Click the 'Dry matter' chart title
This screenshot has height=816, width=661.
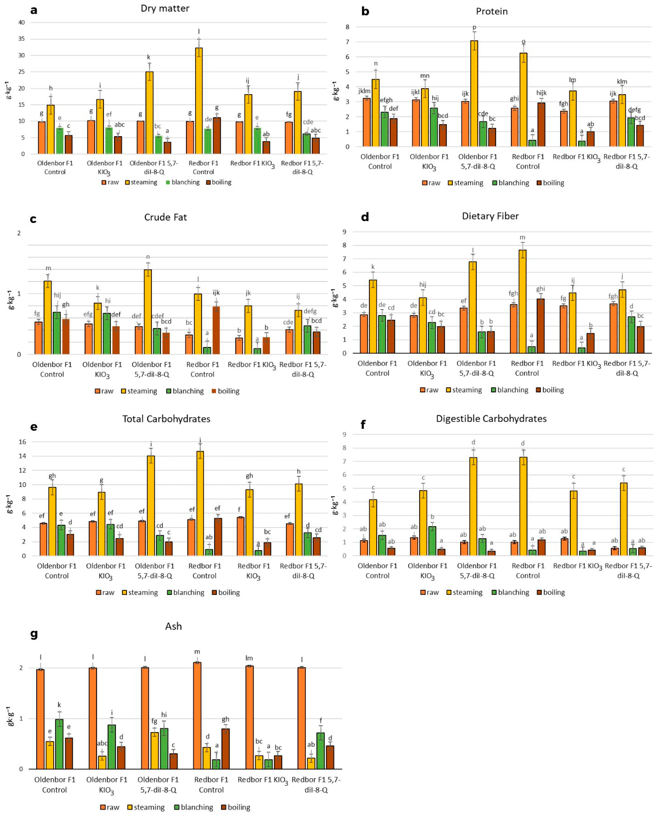pyautogui.click(x=165, y=8)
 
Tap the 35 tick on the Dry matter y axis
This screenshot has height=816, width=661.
pyautogui.click(x=22, y=39)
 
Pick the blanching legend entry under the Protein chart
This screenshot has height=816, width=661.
pyautogui.click(x=510, y=183)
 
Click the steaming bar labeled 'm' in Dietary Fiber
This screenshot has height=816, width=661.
pyautogui.click(x=522, y=301)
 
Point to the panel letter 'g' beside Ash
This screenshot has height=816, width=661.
pyautogui.click(x=34, y=634)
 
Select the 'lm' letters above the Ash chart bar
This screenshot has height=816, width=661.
pyautogui.click(x=249, y=658)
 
